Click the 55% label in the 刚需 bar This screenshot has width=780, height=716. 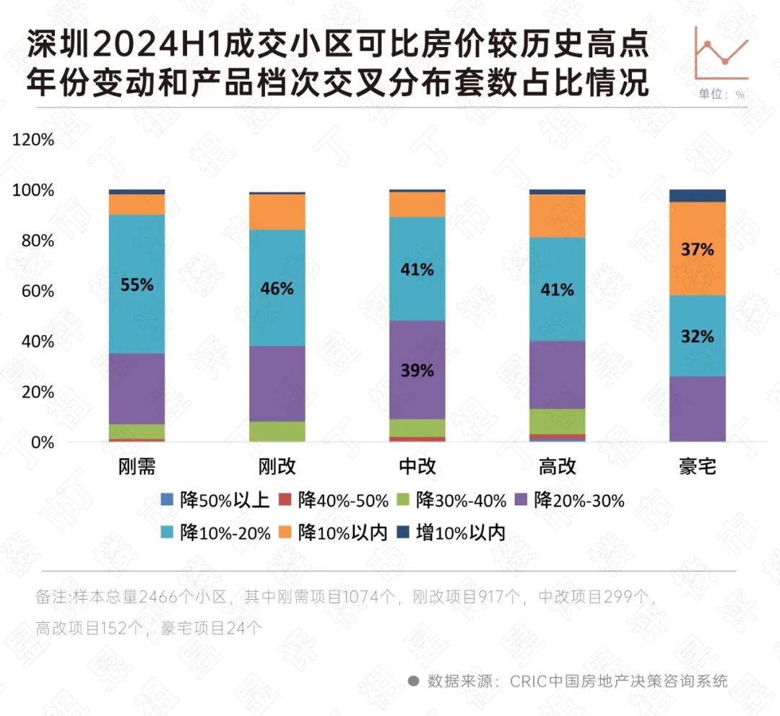[136, 285]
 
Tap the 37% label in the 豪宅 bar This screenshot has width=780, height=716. [697, 249]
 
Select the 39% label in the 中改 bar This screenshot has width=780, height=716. [417, 370]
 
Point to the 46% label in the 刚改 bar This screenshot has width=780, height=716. [277, 288]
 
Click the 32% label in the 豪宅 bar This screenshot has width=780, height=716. [697, 336]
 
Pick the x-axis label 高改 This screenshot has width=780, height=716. [557, 466]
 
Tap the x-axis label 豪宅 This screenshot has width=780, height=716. [697, 466]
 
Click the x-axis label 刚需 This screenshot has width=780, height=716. [136, 466]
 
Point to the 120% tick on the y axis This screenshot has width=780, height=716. [33, 139]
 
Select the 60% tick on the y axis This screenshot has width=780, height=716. [37, 291]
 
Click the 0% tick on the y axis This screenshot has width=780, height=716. [41, 442]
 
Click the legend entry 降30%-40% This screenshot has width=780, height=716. [453, 500]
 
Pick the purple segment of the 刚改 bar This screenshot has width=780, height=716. [277, 383]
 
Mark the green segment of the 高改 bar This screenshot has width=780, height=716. [557, 421]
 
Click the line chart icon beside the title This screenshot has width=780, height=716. [721, 53]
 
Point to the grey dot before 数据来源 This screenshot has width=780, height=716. [413, 681]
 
